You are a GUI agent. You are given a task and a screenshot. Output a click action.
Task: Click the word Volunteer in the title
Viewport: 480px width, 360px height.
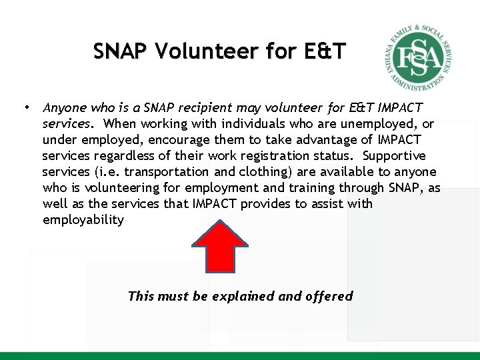(204, 51)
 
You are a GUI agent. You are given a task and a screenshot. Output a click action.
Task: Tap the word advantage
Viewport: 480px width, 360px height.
(312, 139)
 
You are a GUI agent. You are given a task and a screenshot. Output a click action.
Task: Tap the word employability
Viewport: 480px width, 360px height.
(83, 219)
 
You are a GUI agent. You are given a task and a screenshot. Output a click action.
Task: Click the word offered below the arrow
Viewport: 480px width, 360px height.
(329, 296)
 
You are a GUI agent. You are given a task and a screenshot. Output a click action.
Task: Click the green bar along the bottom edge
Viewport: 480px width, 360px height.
(240, 355)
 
